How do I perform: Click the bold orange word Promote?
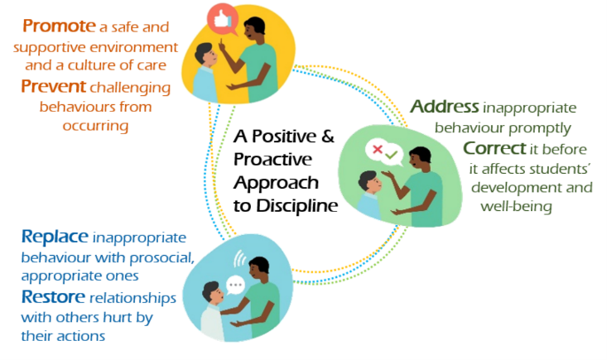[59, 26]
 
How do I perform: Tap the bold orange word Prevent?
[54, 86]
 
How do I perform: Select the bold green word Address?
[445, 106]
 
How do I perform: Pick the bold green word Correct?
[494, 148]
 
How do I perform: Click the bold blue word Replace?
[55, 236]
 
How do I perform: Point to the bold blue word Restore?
[53, 296]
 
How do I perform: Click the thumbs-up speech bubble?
[222, 19]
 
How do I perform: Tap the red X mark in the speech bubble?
[378, 149]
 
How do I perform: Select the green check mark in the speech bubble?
[392, 155]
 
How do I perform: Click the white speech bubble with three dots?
[235, 285]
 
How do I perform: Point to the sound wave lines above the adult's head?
[239, 258]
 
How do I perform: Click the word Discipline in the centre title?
[297, 206]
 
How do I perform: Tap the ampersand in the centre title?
[327, 136]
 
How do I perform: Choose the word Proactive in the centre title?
[272, 160]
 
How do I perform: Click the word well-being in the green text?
[516, 206]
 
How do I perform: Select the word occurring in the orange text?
[95, 126]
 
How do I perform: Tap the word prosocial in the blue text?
[161, 257]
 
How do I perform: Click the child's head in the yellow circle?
[205, 55]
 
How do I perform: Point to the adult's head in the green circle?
[419, 159]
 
